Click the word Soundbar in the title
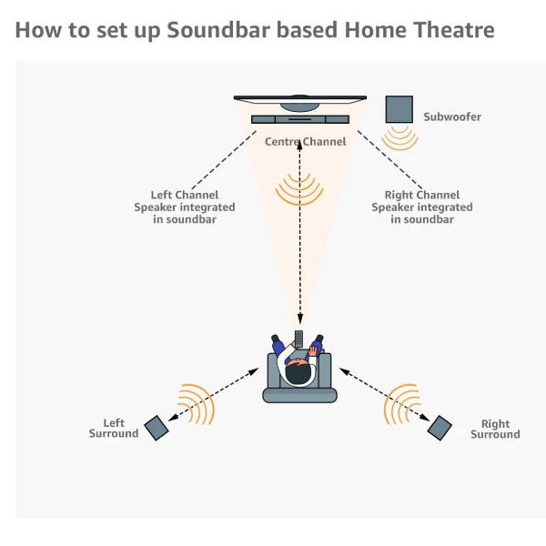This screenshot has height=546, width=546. coord(218,30)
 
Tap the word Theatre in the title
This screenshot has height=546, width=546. coord(454,30)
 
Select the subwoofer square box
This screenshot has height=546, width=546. coord(399,109)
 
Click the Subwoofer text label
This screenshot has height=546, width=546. coord(452,116)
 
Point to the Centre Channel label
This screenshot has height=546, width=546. coord(306,142)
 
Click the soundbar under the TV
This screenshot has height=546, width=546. coord(300,119)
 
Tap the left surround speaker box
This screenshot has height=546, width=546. coord(157,428)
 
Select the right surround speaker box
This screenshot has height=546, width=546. coord(440,428)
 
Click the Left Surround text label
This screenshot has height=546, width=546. coord(114,428)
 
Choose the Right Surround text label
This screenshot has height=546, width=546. coord(495,429)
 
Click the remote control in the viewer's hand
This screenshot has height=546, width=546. coord(298,339)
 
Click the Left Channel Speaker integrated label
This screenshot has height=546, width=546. coord(185,207)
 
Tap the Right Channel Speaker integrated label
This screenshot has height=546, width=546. coord(422,207)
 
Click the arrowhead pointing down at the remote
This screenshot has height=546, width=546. coord(299,319)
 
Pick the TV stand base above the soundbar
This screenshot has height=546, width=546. coord(299,107)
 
